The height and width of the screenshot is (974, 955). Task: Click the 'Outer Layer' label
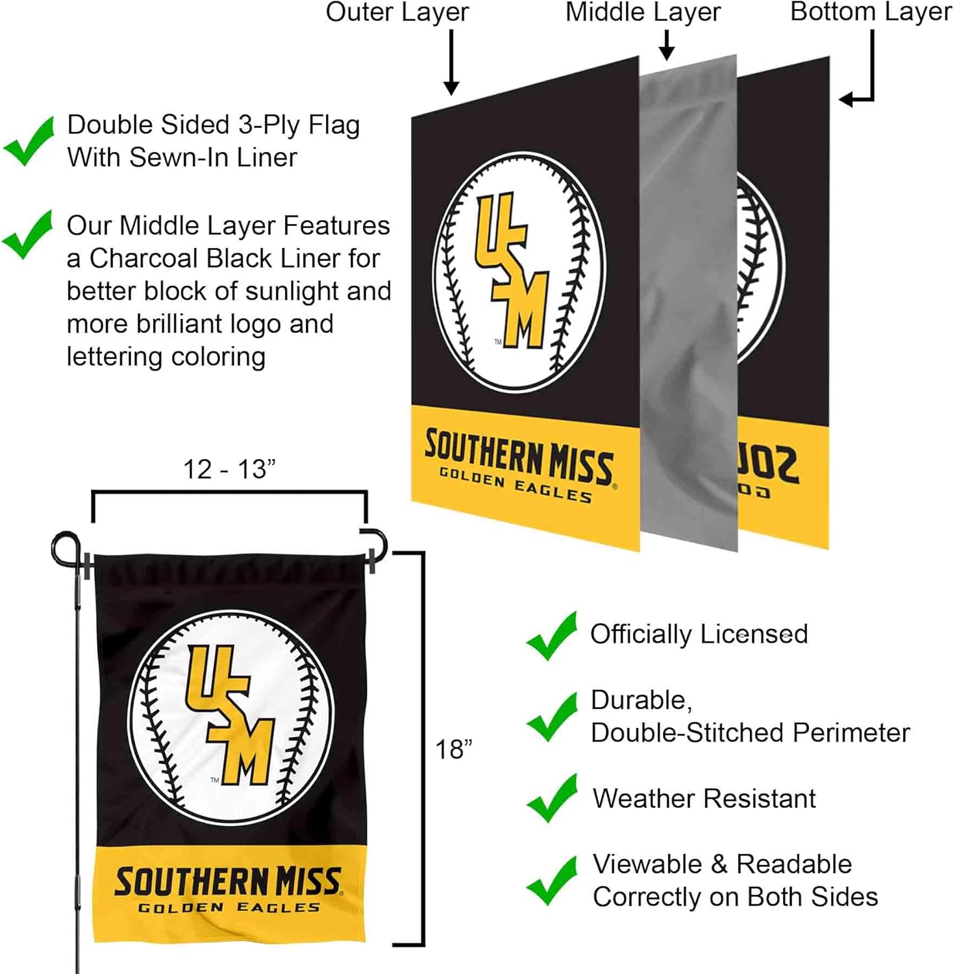pyautogui.click(x=397, y=12)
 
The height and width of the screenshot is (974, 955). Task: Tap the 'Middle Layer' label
pyautogui.click(x=643, y=12)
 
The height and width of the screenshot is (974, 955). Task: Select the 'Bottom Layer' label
pyautogui.click(x=871, y=12)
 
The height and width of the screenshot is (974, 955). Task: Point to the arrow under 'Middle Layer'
pyautogui.click(x=667, y=45)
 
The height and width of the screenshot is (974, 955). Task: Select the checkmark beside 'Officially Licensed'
pyautogui.click(x=552, y=636)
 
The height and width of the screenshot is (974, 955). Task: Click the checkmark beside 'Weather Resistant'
pyautogui.click(x=552, y=798)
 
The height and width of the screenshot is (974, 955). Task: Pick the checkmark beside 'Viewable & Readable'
pyautogui.click(x=552, y=880)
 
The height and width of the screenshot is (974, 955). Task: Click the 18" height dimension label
pyautogui.click(x=453, y=749)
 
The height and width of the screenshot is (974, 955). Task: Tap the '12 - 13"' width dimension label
pyautogui.click(x=229, y=469)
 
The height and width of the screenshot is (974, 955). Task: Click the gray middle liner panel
pyautogui.click(x=689, y=305)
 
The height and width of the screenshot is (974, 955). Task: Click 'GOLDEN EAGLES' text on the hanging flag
pyautogui.click(x=229, y=907)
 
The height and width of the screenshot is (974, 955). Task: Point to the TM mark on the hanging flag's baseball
pyautogui.click(x=214, y=780)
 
